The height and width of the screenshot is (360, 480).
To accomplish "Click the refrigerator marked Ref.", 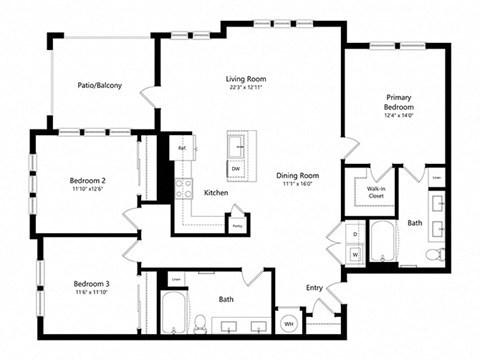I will [x=182, y=149].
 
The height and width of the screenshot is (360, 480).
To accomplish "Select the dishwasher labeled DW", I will [x=236, y=169].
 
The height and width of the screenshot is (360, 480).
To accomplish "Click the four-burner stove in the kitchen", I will [x=184, y=189].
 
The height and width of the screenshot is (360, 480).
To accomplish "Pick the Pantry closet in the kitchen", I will [x=237, y=224].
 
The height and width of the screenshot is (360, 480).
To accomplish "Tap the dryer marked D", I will [x=354, y=235].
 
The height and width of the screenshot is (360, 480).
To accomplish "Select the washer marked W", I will [x=354, y=254].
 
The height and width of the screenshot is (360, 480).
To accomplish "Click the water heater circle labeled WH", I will [x=288, y=322].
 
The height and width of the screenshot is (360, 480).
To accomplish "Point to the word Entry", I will [x=314, y=289].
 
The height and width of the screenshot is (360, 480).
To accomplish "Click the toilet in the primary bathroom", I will [x=431, y=257].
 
